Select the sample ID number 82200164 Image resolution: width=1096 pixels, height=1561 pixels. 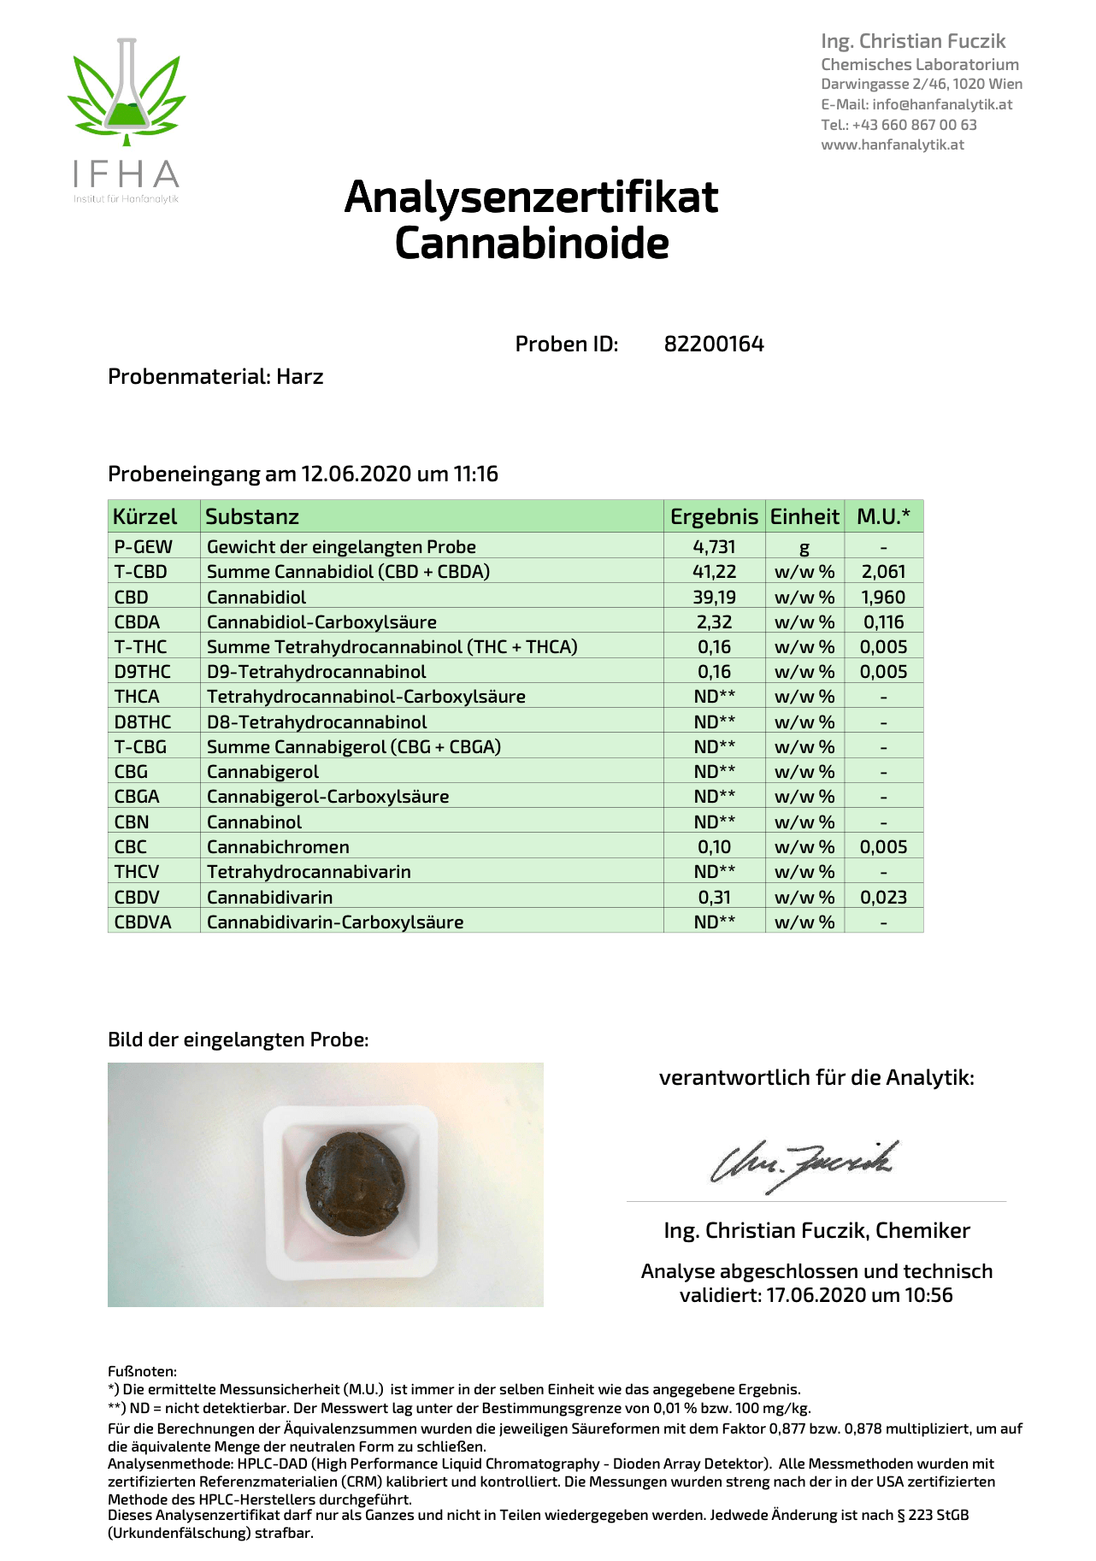pyautogui.click(x=714, y=345)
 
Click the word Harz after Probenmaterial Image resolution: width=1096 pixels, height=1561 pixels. pyautogui.click(x=299, y=377)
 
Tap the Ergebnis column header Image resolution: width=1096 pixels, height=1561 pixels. pyautogui.click(x=714, y=516)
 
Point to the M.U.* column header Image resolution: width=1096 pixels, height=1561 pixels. pyautogui.click(x=883, y=516)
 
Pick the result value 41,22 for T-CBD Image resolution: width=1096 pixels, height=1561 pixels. pyautogui.click(x=714, y=572)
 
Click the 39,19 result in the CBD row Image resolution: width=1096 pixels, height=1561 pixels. pyautogui.click(x=714, y=597)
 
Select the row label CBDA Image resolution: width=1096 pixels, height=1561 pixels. pyautogui.click(x=137, y=622)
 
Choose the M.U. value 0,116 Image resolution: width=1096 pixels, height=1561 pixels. pyautogui.click(x=883, y=622)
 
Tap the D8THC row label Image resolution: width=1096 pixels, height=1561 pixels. pyautogui.click(x=143, y=722)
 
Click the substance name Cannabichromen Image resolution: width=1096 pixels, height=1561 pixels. pyautogui.click(x=278, y=847)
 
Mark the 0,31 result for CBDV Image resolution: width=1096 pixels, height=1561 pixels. pyautogui.click(x=714, y=898)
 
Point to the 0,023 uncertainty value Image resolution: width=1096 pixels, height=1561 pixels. pyautogui.click(x=883, y=898)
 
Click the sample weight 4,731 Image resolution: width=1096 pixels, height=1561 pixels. pyautogui.click(x=714, y=547)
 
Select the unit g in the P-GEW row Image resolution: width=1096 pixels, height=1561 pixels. pyautogui.click(x=804, y=548)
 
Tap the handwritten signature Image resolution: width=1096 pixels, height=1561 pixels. pyautogui.click(x=804, y=1163)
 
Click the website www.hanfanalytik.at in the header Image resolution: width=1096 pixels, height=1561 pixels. pyautogui.click(x=893, y=145)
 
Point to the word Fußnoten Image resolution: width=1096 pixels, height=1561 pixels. pyautogui.click(x=142, y=1371)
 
